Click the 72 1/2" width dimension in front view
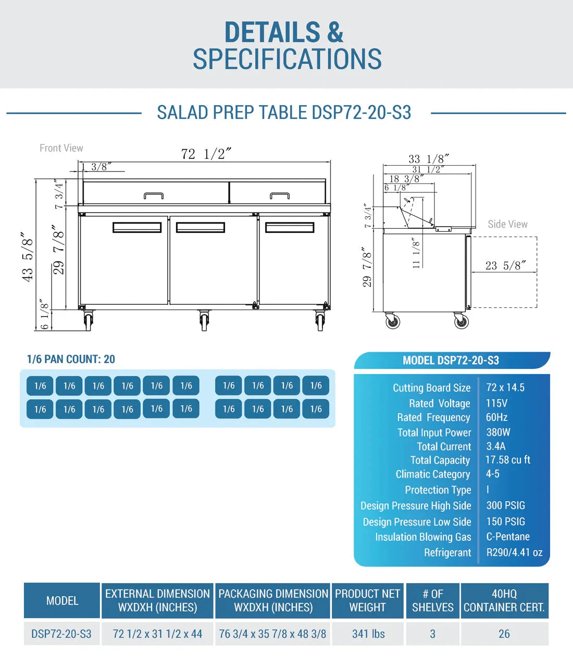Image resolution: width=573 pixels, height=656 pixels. tap(206, 154)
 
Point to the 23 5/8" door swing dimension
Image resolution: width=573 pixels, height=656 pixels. tap(506, 266)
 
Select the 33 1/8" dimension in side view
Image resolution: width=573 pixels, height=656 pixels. tap(429, 159)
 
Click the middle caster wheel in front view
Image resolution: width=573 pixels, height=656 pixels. tap(204, 320)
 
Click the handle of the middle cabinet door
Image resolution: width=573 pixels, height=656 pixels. tap(201, 227)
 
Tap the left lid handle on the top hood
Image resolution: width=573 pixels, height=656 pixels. tap(154, 195)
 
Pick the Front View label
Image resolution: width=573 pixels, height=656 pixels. tap(61, 148)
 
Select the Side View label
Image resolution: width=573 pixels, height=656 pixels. tap(507, 224)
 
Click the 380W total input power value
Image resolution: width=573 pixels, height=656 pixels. tap(498, 432)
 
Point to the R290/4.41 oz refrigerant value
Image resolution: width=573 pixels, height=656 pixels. tap(514, 552)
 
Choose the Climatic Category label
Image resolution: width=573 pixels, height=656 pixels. tap(433, 474)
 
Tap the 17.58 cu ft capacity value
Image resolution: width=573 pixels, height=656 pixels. tap(508, 460)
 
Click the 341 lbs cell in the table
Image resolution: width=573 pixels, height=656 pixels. tap(368, 634)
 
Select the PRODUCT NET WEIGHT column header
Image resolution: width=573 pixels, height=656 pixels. tap(368, 601)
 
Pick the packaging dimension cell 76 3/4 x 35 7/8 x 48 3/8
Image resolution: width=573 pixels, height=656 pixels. tap(273, 634)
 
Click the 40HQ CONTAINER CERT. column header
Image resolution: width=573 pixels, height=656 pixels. tap(504, 601)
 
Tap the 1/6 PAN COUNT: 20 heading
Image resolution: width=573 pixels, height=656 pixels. tap(71, 359)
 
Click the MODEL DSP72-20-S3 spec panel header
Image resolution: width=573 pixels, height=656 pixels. tap(451, 361)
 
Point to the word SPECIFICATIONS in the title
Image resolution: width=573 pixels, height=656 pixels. tap(287, 59)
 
